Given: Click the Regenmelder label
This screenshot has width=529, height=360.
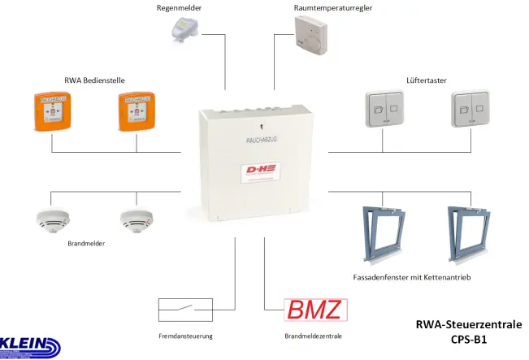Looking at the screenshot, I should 179,7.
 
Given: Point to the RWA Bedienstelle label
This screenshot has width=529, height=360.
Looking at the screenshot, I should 94,80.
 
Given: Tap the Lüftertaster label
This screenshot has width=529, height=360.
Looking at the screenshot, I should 426,80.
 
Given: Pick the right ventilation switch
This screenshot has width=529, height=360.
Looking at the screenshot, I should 470,110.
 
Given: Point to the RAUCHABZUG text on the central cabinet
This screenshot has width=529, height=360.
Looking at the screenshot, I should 262,140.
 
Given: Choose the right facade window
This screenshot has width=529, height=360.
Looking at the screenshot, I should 471,233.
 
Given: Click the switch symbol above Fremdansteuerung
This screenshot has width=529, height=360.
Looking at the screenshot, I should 184,310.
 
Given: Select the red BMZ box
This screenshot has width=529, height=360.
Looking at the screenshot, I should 315,310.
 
